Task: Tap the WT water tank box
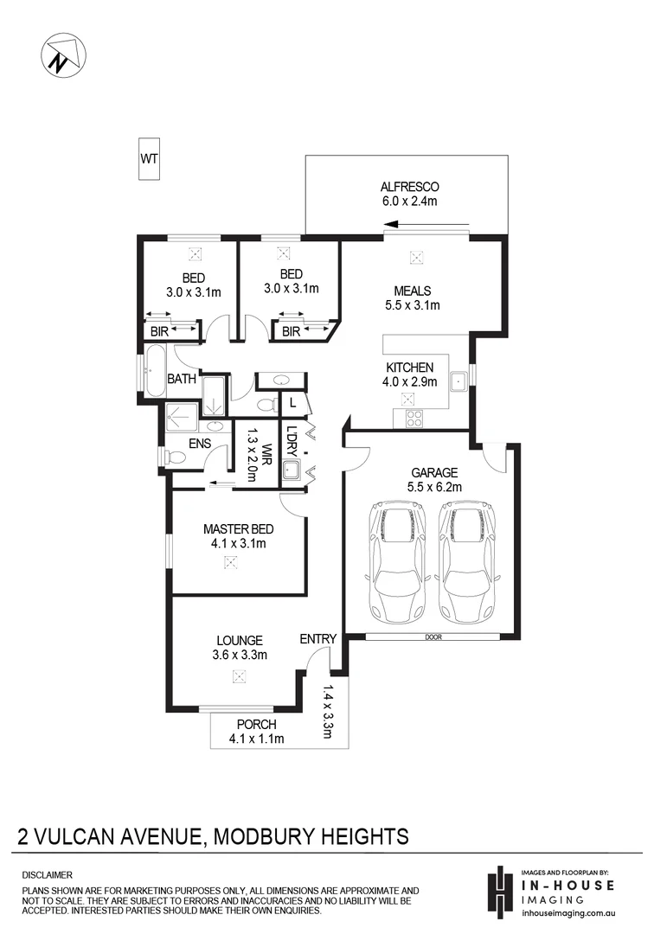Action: [149, 159]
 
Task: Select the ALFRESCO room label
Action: [409, 187]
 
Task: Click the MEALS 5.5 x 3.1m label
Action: [413, 297]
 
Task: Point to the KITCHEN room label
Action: [409, 368]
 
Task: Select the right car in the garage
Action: [467, 558]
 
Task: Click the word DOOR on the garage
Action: [433, 637]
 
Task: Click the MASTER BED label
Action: [234, 529]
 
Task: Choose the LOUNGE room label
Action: [240, 641]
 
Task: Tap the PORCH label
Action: [256, 724]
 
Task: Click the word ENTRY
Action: [317, 639]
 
